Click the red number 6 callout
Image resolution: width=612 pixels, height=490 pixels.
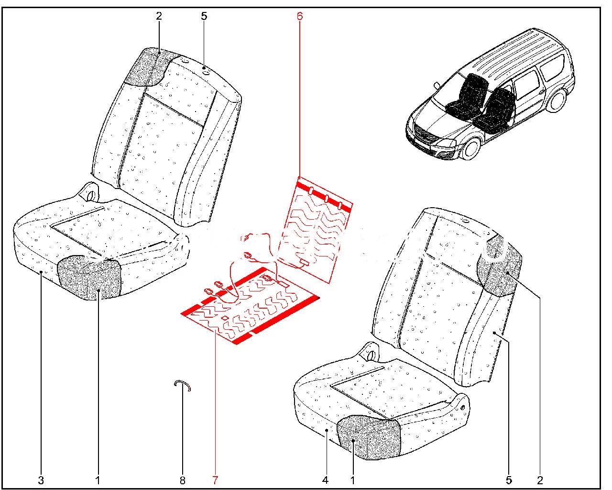click(300, 16)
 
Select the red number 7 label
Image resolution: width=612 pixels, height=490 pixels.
click(215, 480)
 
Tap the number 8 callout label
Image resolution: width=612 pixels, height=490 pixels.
click(183, 480)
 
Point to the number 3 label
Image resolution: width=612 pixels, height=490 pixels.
click(41, 480)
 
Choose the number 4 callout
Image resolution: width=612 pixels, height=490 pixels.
click(325, 480)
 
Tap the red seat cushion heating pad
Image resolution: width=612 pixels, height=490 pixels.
click(250, 305)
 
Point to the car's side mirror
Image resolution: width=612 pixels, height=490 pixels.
click(437, 85)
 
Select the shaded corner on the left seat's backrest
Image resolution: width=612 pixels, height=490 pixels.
click(148, 67)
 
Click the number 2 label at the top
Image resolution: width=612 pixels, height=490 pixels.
click(159, 16)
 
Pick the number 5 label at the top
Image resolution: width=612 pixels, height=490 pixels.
click(204, 16)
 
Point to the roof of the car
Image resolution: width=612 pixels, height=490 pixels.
click(512, 53)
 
